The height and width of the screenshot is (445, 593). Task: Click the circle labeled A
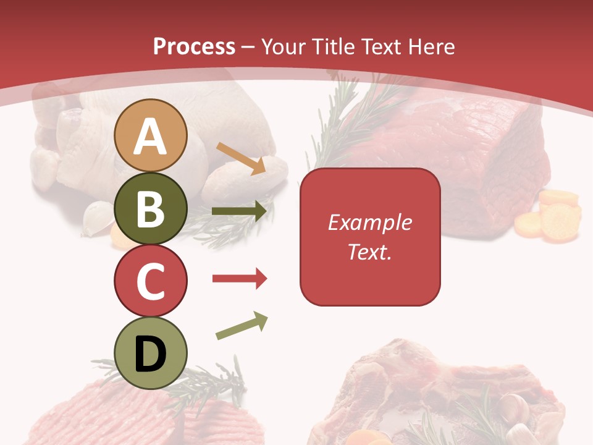[150, 135]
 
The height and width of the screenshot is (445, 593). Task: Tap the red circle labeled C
[150, 281]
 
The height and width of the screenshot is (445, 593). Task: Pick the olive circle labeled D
[150, 353]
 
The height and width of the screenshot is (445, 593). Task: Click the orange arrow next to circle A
[241, 158]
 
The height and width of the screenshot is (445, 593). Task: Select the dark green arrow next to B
[239, 211]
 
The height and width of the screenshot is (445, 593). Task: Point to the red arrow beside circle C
[239, 279]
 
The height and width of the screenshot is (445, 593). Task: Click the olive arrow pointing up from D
[242, 326]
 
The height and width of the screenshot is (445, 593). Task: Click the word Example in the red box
[369, 222]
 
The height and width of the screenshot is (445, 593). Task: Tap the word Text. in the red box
[369, 252]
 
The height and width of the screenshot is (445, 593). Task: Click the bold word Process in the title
[194, 46]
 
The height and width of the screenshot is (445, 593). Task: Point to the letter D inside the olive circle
[150, 354]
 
